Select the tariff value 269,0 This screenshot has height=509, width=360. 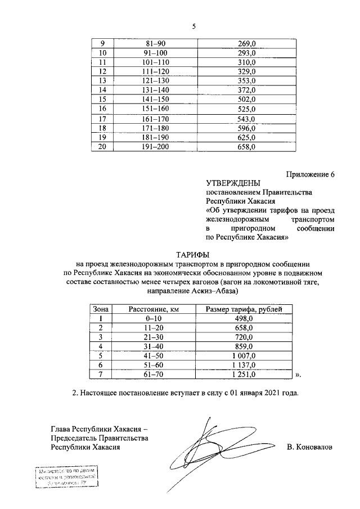pyautogui.click(x=247, y=43)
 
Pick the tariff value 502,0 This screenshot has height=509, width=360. pyautogui.click(x=247, y=99)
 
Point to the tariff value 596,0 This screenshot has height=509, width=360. pyautogui.click(x=247, y=128)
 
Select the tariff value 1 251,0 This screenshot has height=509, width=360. pyautogui.click(x=244, y=374)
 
